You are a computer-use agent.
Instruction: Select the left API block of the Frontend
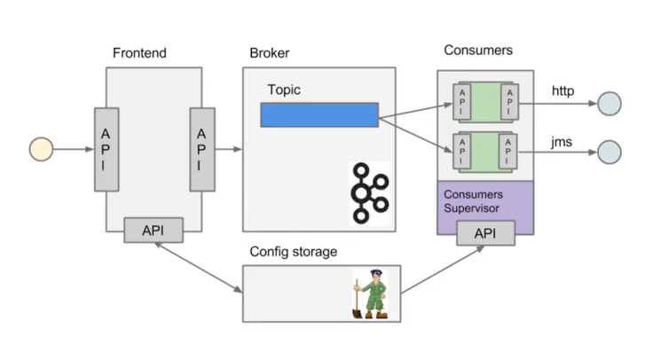(106, 148)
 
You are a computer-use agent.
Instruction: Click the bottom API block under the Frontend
(154, 230)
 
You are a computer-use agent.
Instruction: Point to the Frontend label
(139, 53)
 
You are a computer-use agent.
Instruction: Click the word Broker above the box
(270, 53)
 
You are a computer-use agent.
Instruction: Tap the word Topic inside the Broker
(286, 90)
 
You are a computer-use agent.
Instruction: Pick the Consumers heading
(478, 51)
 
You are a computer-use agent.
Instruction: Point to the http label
(563, 90)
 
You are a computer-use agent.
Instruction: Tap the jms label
(562, 140)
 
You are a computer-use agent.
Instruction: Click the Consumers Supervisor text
(473, 200)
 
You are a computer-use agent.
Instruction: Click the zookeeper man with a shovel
(370, 293)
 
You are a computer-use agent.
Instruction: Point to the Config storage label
(293, 252)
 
